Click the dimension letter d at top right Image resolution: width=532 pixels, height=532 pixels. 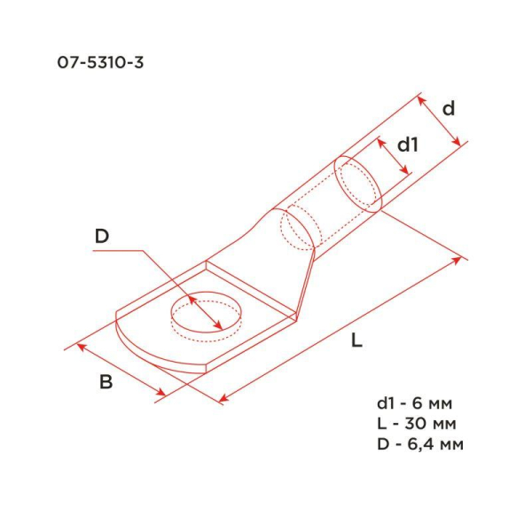(x=449, y=108)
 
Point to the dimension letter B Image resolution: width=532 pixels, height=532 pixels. (x=106, y=382)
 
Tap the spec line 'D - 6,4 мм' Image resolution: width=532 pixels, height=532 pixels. (x=419, y=443)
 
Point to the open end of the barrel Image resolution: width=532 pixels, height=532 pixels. (x=359, y=184)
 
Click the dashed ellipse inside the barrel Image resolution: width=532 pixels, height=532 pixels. (x=298, y=227)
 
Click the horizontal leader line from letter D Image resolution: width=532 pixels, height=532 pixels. (x=115, y=251)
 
